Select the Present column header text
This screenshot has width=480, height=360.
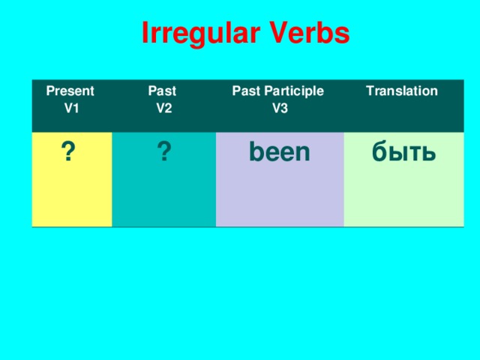(70, 91)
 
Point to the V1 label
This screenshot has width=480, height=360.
(72, 108)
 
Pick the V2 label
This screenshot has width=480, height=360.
(163, 108)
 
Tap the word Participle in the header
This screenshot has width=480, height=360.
(294, 91)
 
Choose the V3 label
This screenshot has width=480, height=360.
(280, 108)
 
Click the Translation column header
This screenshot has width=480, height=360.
(401, 91)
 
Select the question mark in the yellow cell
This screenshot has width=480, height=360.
(67, 152)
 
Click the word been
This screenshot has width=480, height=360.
(279, 152)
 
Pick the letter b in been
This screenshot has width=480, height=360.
(255, 151)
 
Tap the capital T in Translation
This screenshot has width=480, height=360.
(369, 91)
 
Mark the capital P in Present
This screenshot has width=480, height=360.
(50, 91)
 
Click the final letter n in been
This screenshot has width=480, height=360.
(302, 154)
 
